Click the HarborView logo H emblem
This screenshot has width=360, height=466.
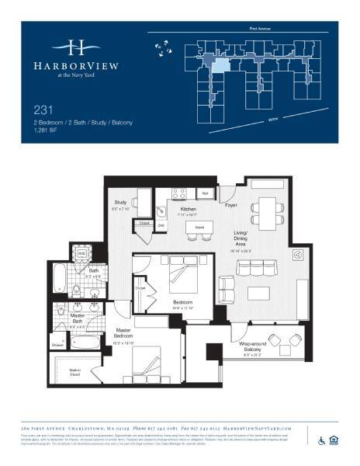(x=75, y=46)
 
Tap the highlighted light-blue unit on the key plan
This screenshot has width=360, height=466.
(x=221, y=64)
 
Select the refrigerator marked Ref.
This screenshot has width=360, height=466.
(x=206, y=193)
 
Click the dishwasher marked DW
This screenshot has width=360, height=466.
(x=162, y=226)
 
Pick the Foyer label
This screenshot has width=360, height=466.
(x=230, y=206)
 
